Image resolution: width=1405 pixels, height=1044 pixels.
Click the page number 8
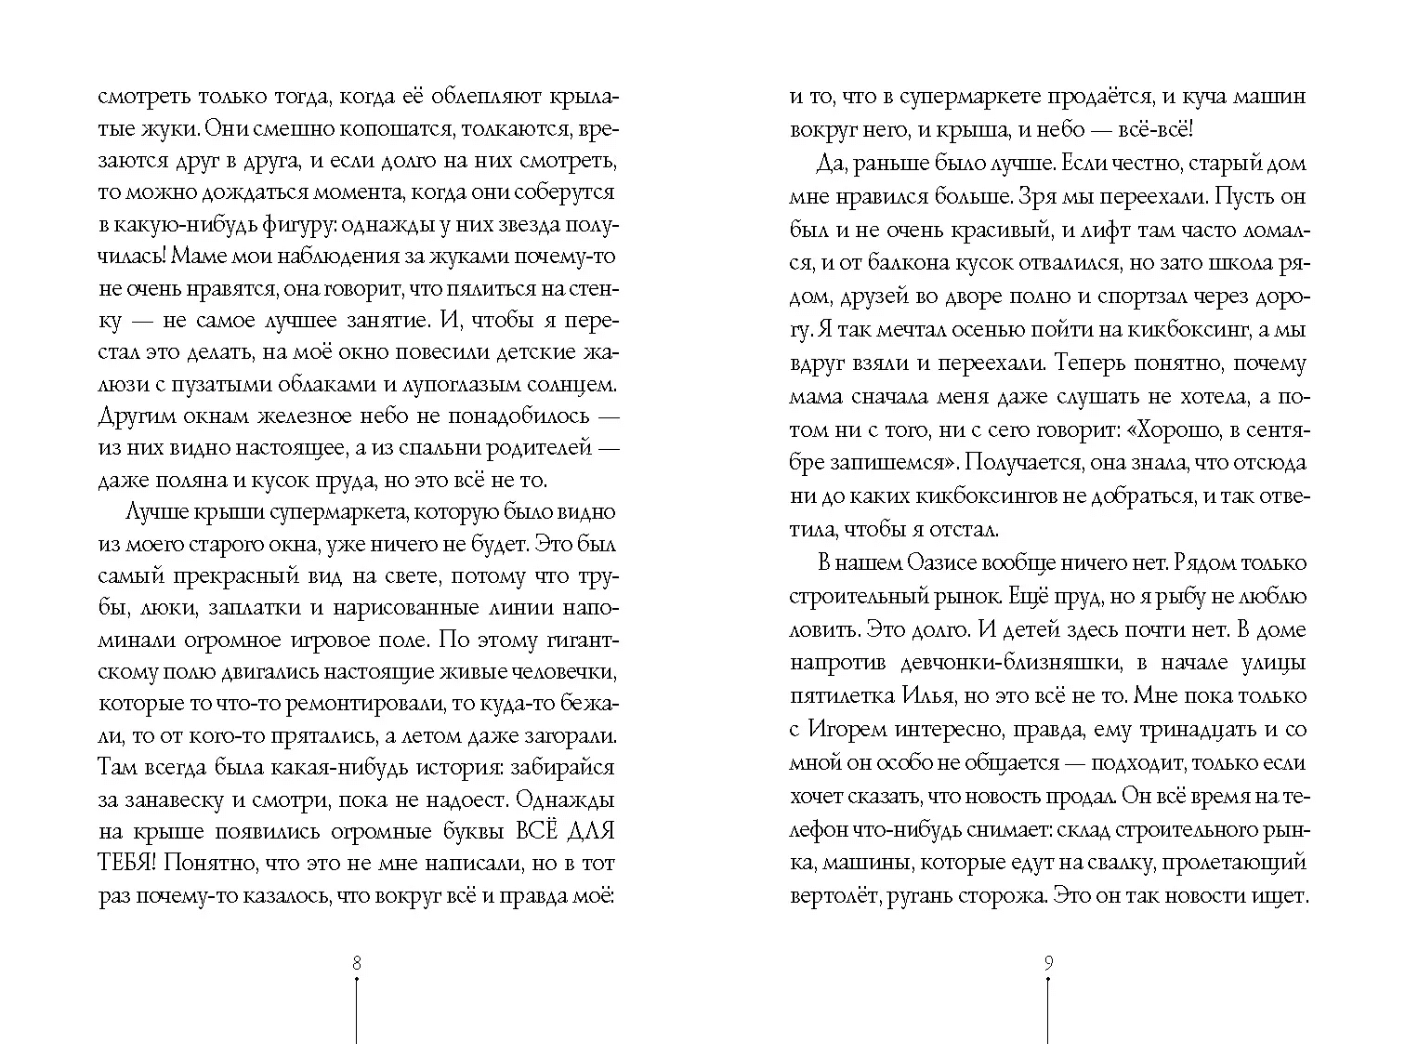pos(357,963)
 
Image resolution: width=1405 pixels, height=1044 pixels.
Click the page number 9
pos(1048,963)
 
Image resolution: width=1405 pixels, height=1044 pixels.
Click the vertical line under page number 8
pos(357,1009)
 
